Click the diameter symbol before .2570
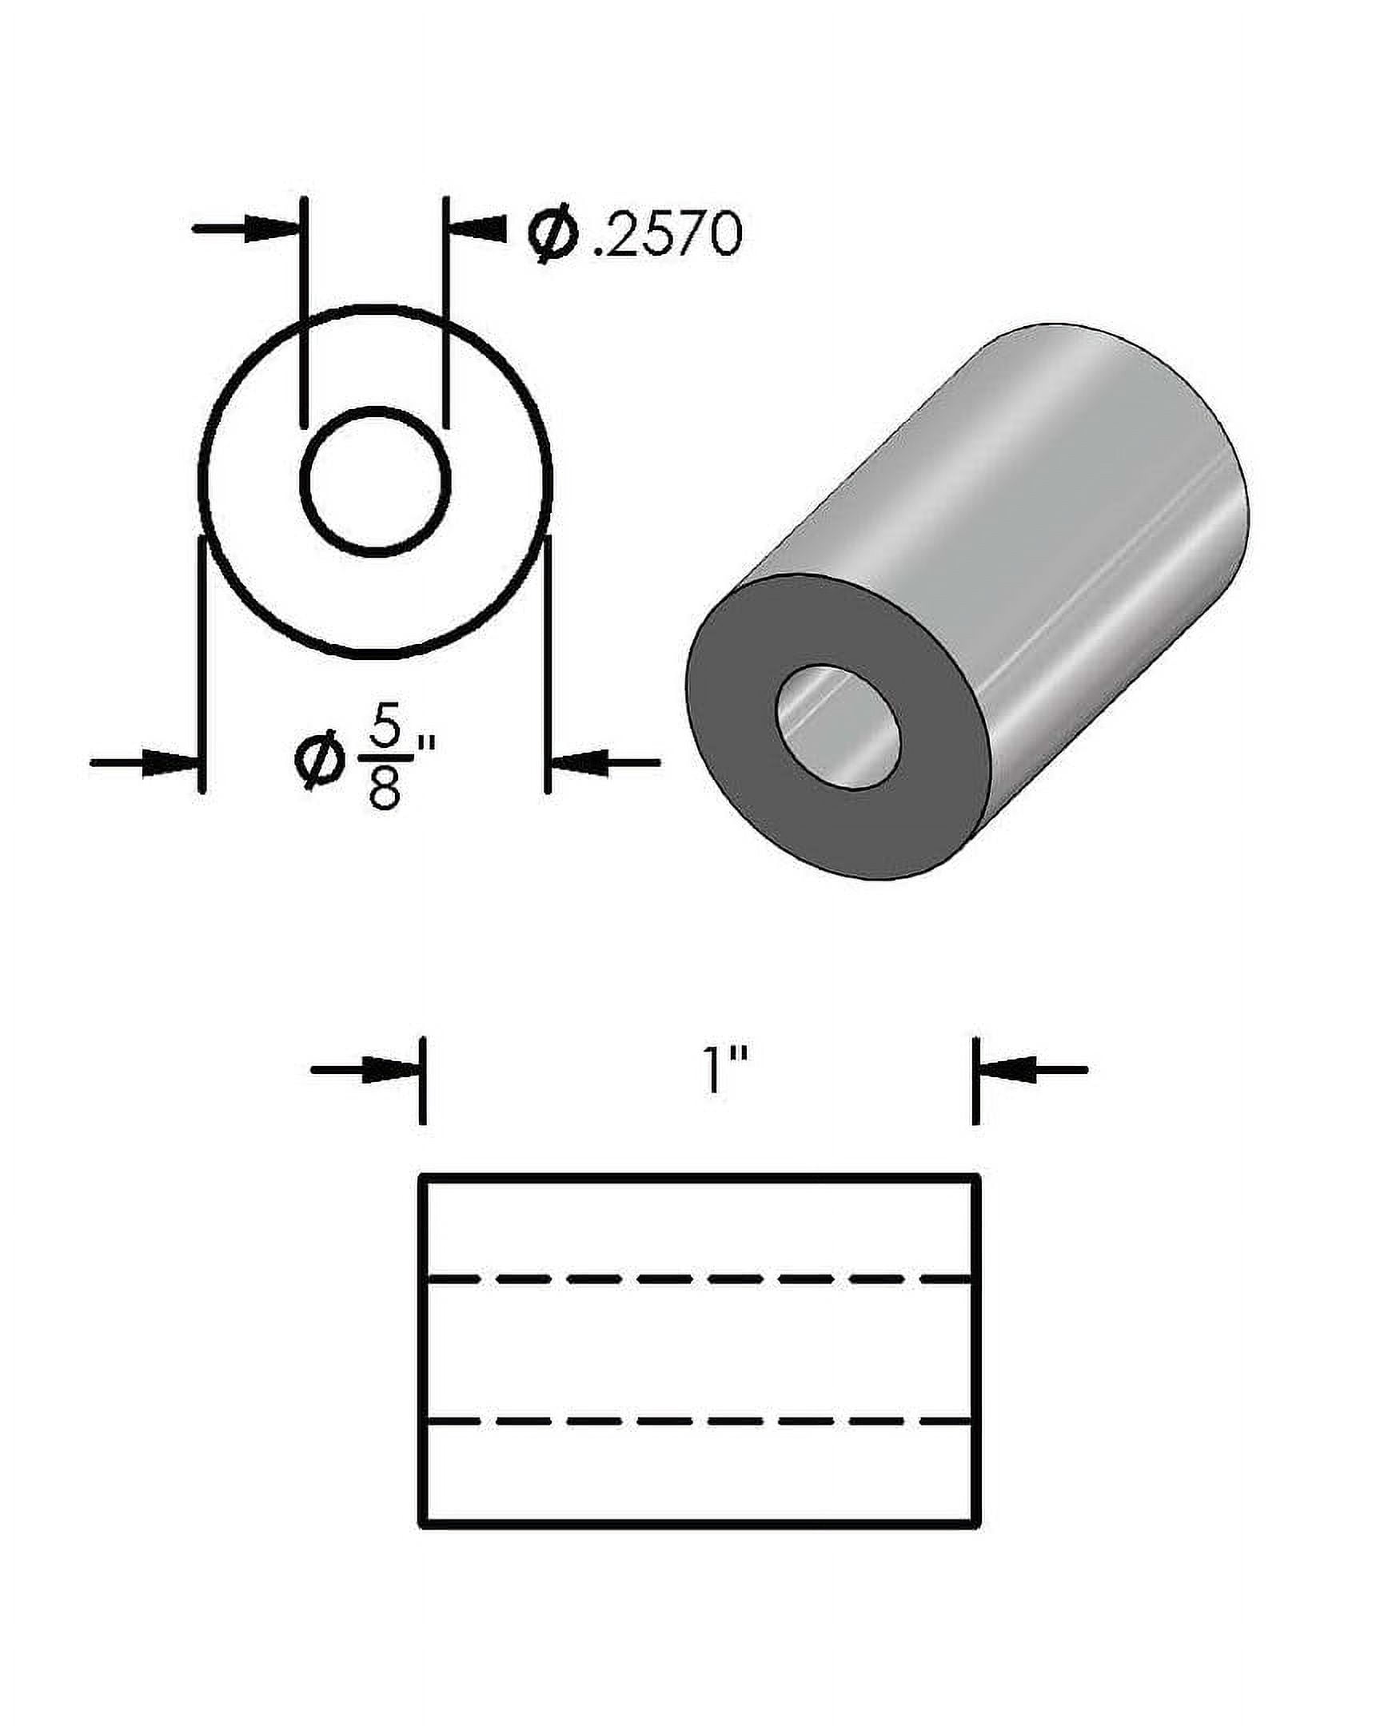point(552,236)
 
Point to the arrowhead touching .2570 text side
point(479,229)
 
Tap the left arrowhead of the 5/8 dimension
point(170,763)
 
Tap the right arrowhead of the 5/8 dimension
point(578,763)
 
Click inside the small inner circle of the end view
point(376,480)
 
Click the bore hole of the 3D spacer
point(838,727)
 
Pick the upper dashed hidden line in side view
point(697,1280)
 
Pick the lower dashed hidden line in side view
point(697,1422)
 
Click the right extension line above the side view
point(975,1081)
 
